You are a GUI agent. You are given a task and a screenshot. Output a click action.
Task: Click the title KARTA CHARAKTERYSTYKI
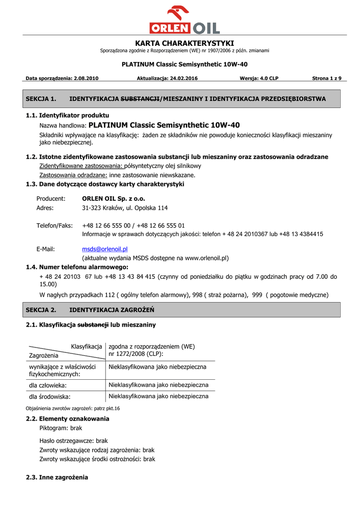184,43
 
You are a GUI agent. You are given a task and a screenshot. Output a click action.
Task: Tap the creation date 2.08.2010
86,79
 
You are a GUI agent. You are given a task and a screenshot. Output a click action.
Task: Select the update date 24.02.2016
183,79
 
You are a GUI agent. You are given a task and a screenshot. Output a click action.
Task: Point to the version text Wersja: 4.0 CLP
259,79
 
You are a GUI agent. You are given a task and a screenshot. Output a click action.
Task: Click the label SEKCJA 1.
41,99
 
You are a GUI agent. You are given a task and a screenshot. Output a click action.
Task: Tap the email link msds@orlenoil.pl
105,249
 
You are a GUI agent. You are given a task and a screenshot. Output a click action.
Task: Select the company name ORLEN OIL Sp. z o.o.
113,198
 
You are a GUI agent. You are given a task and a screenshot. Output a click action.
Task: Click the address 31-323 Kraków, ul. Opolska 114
125,208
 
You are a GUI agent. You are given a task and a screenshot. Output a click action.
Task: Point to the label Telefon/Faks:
55,226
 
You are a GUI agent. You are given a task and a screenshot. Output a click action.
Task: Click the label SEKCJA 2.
41,310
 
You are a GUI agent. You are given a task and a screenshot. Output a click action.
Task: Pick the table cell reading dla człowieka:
48,385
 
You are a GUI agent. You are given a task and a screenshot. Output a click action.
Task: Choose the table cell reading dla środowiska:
50,397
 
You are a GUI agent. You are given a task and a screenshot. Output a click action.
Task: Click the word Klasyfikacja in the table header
87,346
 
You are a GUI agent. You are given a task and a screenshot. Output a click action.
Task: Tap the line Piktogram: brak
61,428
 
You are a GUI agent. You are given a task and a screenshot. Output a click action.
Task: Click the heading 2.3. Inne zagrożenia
57,477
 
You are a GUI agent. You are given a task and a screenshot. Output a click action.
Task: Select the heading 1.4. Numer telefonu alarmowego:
77,267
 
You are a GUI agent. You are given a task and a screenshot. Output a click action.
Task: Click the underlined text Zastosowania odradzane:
73,175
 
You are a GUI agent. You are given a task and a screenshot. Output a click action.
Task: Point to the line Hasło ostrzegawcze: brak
74,441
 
